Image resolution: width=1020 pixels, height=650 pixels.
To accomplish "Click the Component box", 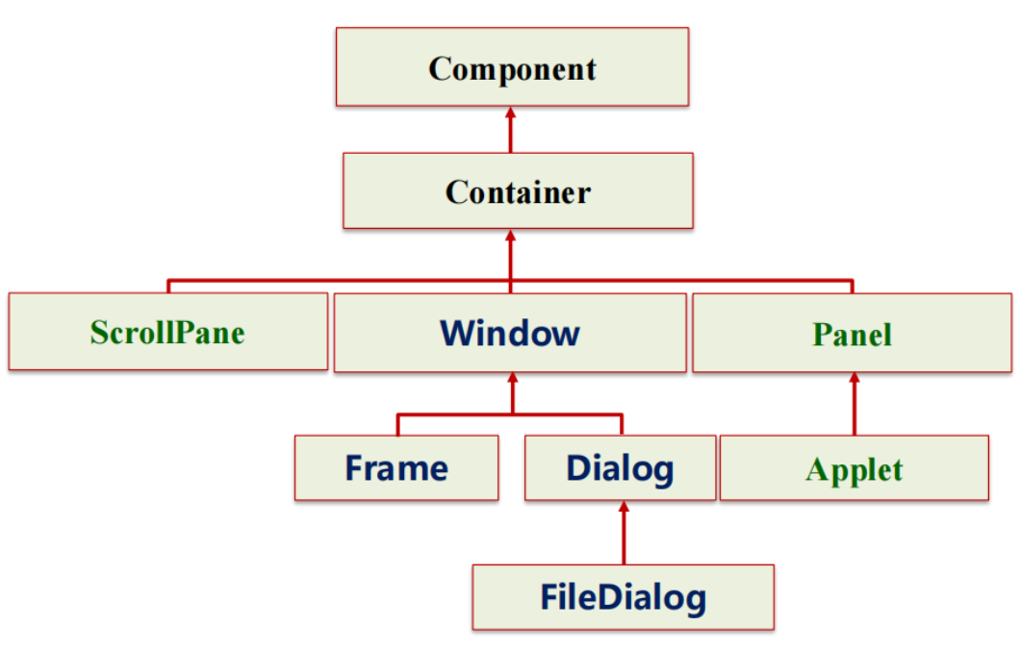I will (512, 66).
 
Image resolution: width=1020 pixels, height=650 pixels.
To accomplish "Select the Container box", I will (518, 190).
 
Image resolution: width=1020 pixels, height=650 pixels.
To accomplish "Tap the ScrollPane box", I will (167, 332).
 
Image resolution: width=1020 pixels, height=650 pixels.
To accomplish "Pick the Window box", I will (510, 333).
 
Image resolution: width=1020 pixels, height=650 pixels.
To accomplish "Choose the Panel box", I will (852, 334).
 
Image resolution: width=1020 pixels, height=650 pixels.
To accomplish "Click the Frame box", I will (396, 468).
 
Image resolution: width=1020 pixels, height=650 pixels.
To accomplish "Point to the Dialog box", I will (620, 468).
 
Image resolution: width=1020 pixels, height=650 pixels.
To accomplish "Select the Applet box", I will (854, 468).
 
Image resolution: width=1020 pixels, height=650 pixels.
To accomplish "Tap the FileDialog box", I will (623, 597).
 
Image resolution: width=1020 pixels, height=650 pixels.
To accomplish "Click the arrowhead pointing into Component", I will (511, 113).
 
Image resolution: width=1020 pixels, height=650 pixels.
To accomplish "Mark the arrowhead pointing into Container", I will (511, 237).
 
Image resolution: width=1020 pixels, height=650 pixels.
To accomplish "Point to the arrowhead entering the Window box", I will (511, 379).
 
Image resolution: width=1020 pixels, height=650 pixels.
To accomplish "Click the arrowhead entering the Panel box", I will (853, 380).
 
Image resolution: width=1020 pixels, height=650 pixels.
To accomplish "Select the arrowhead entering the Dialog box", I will (624, 508).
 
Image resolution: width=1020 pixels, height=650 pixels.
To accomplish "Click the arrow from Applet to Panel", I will (853, 404).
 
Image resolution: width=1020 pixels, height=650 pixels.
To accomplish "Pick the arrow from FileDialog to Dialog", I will (624, 534).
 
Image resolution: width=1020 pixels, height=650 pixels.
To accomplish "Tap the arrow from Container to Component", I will (511, 130).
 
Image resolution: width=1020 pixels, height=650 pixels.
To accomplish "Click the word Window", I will (510, 333).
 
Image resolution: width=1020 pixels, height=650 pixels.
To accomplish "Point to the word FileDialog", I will (623, 597).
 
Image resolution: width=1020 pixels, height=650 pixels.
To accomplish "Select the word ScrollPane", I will (167, 332).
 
